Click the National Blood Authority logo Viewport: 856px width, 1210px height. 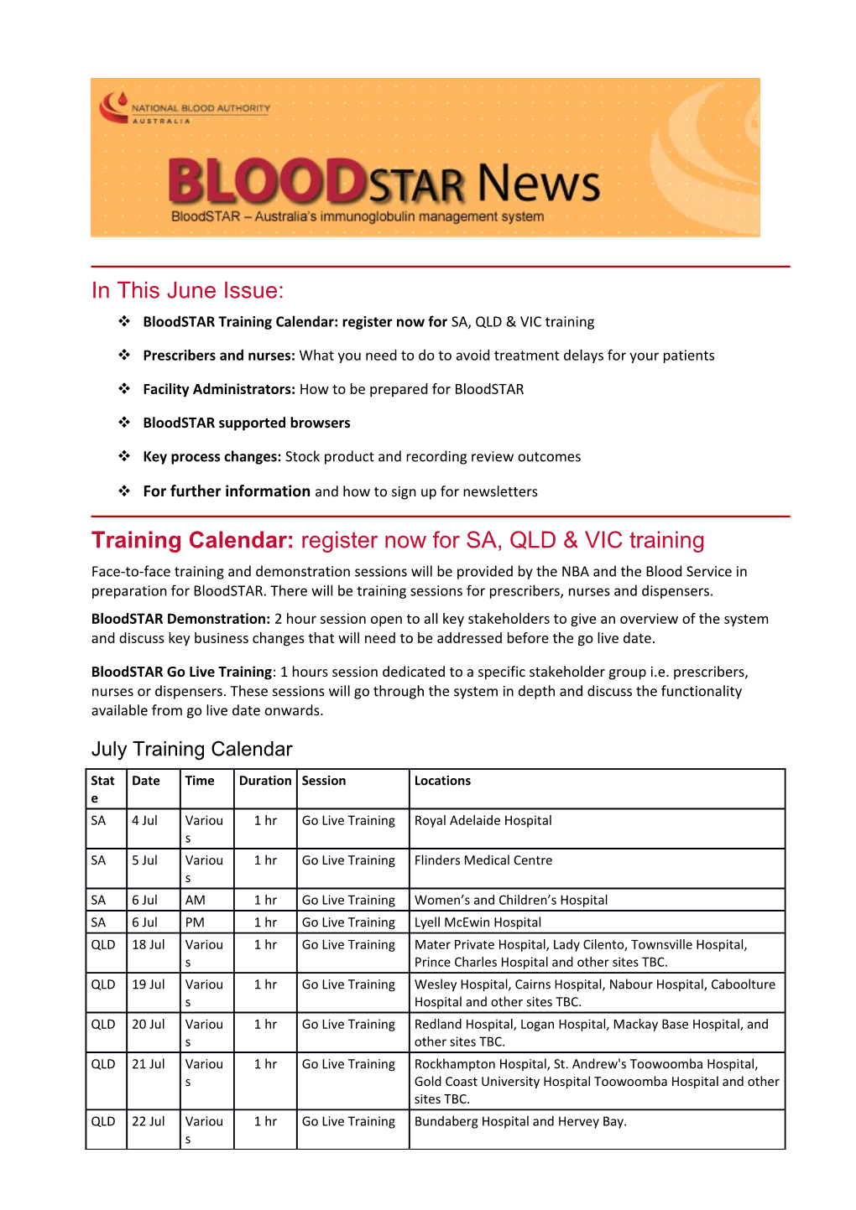pyautogui.click(x=185, y=109)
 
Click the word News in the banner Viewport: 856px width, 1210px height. pyautogui.click(x=539, y=184)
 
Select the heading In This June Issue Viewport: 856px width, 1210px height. pyautogui.click(x=187, y=290)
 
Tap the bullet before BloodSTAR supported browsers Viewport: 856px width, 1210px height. pyautogui.click(x=124, y=423)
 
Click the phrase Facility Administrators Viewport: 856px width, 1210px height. pyautogui.click(x=218, y=389)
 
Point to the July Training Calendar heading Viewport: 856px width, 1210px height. pyautogui.click(x=191, y=749)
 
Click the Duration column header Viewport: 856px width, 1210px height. pyautogui.click(x=265, y=781)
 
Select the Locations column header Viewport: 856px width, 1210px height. pyautogui.click(x=442, y=781)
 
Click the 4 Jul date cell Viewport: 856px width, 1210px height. pyautogui.click(x=144, y=820)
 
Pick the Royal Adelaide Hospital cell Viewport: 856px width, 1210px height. pyautogui.click(x=483, y=820)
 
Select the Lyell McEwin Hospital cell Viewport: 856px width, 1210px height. pyautogui.click(x=478, y=922)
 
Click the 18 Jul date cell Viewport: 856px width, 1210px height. pyautogui.click(x=148, y=944)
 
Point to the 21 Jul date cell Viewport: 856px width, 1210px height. pyautogui.click(x=148, y=1064)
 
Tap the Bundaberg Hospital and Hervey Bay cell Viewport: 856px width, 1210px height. pyautogui.click(x=520, y=1121)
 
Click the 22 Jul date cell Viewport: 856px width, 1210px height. pyautogui.click(x=148, y=1121)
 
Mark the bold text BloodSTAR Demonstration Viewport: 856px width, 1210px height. pyautogui.click(x=180, y=619)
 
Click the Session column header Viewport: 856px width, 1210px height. pyautogui.click(x=324, y=781)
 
